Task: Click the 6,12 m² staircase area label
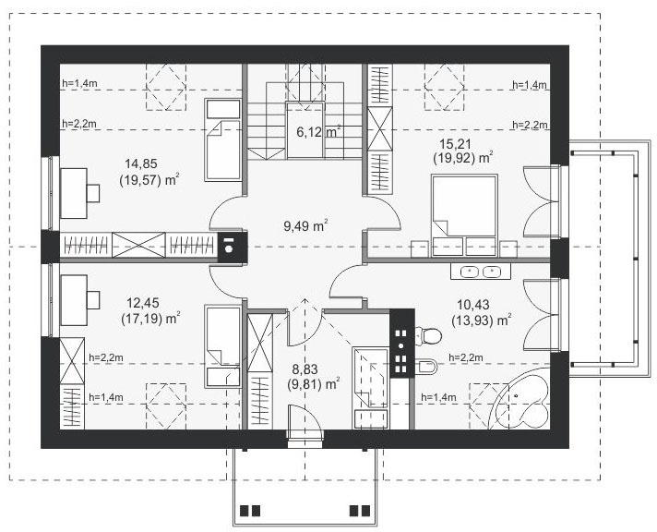point(318,132)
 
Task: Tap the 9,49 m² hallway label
point(305,225)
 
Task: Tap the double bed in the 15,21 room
point(464,215)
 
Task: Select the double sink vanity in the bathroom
point(481,271)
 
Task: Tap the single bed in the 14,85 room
point(223,140)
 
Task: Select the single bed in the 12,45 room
point(223,346)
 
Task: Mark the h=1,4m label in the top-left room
point(79,83)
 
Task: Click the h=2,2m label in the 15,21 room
point(530,125)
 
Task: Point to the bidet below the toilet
point(428,367)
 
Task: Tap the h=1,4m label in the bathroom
point(438,397)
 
